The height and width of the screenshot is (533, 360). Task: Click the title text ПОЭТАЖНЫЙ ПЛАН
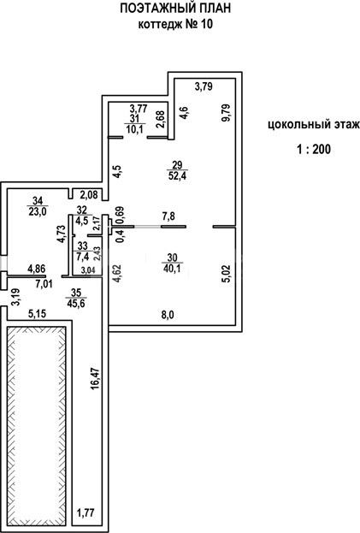click(175, 9)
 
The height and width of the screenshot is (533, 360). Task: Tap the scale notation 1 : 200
click(314, 149)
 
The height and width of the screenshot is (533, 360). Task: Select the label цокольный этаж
click(314, 125)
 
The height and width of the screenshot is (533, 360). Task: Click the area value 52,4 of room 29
click(177, 176)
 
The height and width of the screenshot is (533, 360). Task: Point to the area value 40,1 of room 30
click(173, 269)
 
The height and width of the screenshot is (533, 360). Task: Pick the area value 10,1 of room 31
click(135, 129)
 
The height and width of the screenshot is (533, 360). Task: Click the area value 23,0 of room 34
click(38, 211)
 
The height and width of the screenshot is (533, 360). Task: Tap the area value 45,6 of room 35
click(76, 303)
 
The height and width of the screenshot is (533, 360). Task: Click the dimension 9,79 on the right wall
click(227, 113)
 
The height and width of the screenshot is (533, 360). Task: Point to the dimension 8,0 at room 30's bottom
click(167, 315)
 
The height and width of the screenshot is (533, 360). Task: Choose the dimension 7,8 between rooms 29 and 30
click(168, 216)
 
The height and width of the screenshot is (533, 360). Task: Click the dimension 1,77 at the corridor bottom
click(85, 512)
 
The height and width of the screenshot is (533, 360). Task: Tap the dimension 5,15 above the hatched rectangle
click(38, 314)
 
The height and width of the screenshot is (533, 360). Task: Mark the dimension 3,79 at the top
click(204, 86)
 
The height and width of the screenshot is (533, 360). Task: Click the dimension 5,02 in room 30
click(227, 274)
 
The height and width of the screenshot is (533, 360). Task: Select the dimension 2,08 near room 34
click(89, 195)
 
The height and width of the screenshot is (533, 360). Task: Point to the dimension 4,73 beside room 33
click(62, 234)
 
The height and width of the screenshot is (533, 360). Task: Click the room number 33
click(83, 246)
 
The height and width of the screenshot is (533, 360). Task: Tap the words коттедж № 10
click(175, 25)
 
